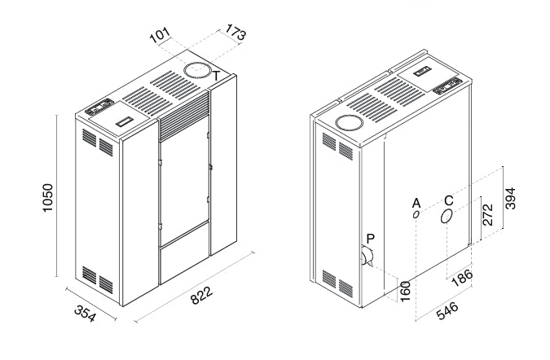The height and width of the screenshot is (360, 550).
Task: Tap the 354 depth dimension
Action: coord(86,313)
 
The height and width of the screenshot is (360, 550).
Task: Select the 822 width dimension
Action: coord(201,296)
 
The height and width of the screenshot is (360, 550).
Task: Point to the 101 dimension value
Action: coord(160,35)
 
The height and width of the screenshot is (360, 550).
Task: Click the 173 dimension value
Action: coord(235,32)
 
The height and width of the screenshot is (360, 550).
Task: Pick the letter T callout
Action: coord(217,76)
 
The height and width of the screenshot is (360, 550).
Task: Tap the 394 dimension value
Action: coord(510,199)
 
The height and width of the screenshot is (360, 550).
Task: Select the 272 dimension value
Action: coord(487,214)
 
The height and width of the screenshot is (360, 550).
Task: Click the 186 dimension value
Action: coord(462,278)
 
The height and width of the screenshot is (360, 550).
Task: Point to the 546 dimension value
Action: coord(447,310)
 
